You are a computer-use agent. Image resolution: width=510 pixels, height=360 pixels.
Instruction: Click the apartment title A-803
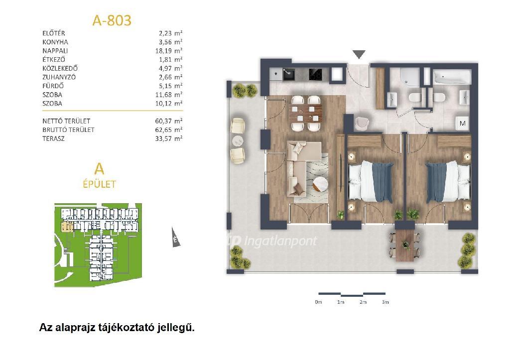coord(112,20)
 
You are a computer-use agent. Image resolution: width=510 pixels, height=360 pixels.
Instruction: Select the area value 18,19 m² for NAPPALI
coord(169,51)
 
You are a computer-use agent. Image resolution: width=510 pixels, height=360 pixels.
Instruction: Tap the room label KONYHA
coord(55,42)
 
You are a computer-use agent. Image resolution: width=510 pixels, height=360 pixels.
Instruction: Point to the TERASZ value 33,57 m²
coord(169,138)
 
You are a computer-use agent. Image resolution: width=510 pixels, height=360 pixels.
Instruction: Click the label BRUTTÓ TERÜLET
coord(68,130)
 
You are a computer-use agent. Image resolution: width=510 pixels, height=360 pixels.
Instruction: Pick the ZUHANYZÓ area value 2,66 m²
coord(169,77)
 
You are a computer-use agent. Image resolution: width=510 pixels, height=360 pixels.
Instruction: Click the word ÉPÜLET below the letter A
coord(99,184)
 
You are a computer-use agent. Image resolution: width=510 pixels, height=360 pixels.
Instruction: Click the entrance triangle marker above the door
coord(359,54)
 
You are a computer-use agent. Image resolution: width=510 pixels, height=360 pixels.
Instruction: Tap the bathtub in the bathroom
coord(452,77)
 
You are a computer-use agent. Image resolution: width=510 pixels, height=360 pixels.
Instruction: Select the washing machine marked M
coord(463,123)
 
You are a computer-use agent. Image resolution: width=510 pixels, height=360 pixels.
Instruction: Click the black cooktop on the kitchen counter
coord(315,75)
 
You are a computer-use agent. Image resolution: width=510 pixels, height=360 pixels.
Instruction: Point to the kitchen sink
coord(288,75)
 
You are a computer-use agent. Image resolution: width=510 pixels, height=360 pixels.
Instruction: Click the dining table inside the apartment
coord(306,113)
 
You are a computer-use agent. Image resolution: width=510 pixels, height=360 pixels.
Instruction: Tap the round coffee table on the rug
coord(321,185)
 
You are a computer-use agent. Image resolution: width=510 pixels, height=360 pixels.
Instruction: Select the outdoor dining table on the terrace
coord(405,245)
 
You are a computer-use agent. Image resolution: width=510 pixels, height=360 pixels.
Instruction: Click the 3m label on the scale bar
coord(385,302)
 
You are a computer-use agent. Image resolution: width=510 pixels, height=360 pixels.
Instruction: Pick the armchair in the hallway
coord(362,122)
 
